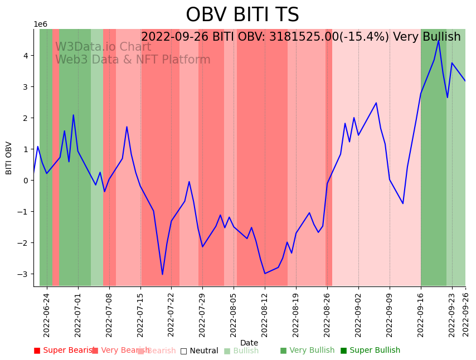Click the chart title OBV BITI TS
click(242, 15)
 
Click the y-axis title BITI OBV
click(9, 158)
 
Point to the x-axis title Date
click(249, 343)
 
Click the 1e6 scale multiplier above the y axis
click(41, 25)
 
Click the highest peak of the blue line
click(439, 40)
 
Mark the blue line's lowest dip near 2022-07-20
click(162, 274)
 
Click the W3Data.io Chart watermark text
click(103, 47)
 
